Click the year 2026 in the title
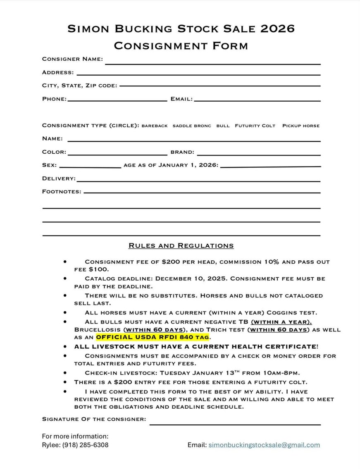(x=278, y=29)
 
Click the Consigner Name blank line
(x=213, y=63)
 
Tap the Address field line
(x=198, y=74)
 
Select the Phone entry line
(x=117, y=100)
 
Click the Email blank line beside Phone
(x=257, y=100)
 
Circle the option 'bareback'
(x=155, y=126)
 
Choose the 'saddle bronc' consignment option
(x=192, y=126)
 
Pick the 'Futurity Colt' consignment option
(x=255, y=126)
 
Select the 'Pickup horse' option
(x=301, y=126)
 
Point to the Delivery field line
(x=198, y=181)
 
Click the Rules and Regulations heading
(x=181, y=246)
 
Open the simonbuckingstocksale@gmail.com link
(x=264, y=445)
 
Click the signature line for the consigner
(x=235, y=424)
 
